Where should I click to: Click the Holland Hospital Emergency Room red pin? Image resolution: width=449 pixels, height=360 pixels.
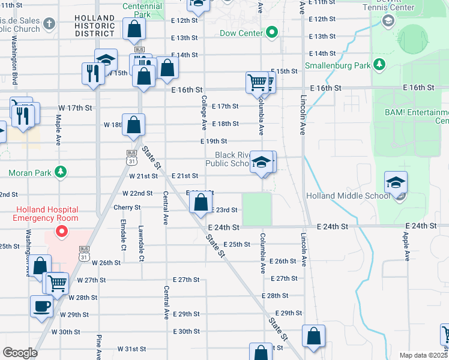click(61, 231)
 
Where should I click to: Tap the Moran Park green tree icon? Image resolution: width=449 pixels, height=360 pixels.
click(61, 173)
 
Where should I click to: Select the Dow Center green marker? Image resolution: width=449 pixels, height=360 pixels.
click(272, 32)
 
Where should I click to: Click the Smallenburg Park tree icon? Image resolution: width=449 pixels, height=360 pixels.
click(379, 65)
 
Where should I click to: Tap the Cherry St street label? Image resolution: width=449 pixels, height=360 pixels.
click(127, 208)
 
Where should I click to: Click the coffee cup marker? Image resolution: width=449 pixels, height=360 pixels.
click(41, 305)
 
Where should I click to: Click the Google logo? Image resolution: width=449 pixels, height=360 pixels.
click(20, 353)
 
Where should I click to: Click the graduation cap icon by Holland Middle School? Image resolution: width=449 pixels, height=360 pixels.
click(396, 182)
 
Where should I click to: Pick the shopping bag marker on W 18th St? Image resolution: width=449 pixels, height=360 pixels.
click(134, 125)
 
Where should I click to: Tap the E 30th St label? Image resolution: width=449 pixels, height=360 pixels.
click(186, 331)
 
